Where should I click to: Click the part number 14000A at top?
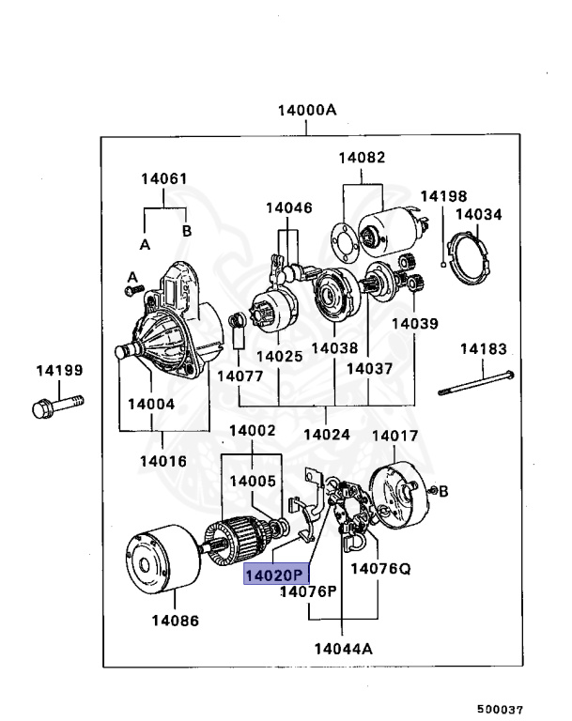pyautogui.click(x=306, y=110)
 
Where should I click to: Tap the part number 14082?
pyautogui.click(x=363, y=159)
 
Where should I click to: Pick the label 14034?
pyautogui.click(x=479, y=215)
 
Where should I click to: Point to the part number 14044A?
pyautogui.click(x=343, y=649)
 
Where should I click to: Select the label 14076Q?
pyautogui.click(x=380, y=569)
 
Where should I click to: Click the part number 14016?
pyautogui.click(x=162, y=461)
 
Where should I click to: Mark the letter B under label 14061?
pyautogui.click(x=186, y=230)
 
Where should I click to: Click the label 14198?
pyautogui.click(x=442, y=196)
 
